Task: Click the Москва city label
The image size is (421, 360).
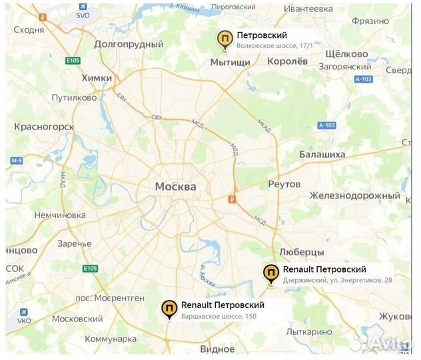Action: point(175,187)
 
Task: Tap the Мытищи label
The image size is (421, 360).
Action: point(230,62)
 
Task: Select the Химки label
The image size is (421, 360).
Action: point(96,78)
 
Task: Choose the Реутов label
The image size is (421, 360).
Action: point(284,183)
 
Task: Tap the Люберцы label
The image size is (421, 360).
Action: point(301,253)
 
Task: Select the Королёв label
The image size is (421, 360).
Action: point(287,60)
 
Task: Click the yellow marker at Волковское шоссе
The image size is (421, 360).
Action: point(226,40)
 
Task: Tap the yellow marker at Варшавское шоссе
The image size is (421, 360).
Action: point(170,309)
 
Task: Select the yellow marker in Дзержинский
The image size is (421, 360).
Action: point(271,273)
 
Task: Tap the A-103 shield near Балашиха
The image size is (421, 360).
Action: point(326,125)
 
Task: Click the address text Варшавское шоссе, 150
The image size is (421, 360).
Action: point(218,316)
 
